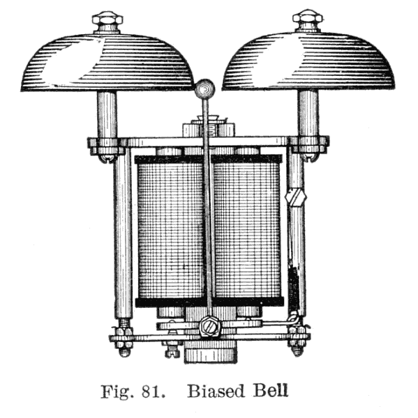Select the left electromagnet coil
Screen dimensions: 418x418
[171, 230]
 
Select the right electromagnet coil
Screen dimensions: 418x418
[247, 230]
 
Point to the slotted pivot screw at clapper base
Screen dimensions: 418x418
[209, 326]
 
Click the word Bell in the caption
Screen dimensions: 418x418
[270, 391]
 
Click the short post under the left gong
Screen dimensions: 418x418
[107, 115]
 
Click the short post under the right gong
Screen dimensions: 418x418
[308, 114]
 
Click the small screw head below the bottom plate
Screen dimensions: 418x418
[172, 351]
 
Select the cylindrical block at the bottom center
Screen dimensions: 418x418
[211, 353]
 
